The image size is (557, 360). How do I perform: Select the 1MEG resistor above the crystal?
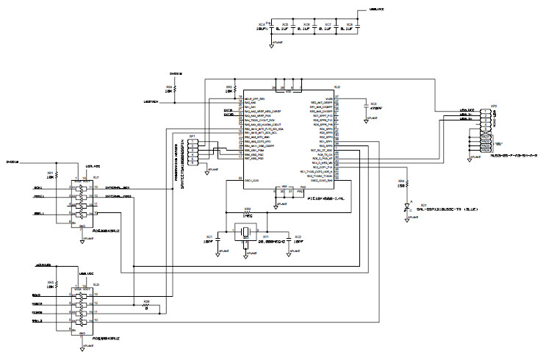tap(248, 213)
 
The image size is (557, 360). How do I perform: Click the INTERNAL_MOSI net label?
tap(118, 197)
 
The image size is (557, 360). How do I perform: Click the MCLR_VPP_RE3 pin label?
tap(254, 97)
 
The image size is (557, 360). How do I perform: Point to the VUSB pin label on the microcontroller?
tap(328, 97)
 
